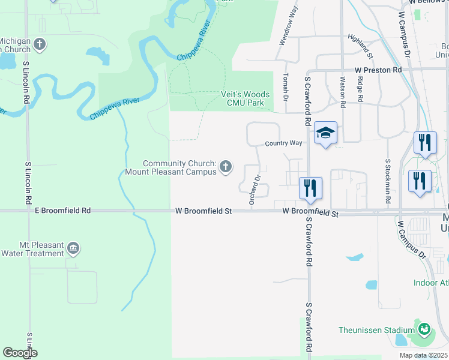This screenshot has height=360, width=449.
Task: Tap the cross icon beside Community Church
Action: (226, 166)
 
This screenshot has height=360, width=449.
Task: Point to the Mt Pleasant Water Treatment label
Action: (33, 249)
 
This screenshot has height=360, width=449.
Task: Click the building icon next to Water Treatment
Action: (73, 248)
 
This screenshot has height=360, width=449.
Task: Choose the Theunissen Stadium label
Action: (376, 330)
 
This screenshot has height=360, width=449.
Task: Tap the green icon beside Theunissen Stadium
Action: (424, 329)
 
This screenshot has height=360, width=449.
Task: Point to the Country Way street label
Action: (284, 144)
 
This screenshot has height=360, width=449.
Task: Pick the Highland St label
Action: (360, 46)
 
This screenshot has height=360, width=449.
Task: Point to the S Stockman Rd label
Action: (388, 180)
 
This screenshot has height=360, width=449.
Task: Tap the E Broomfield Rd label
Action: (62, 211)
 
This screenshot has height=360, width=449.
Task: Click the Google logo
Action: (20, 353)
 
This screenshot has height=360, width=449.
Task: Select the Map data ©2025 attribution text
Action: (423, 355)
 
